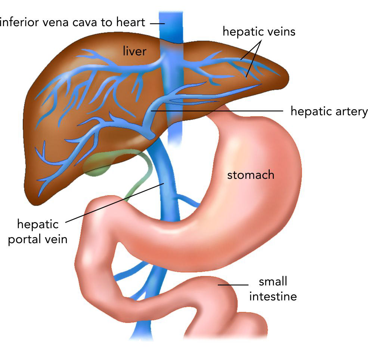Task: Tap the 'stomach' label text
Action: tap(251, 175)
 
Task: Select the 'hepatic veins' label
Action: tap(259, 31)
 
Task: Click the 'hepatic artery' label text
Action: tap(329, 111)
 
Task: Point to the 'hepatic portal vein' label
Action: tap(38, 232)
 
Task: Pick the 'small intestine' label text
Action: tap(273, 289)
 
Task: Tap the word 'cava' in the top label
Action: tap(82, 22)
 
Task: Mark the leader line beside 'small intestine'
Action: tap(231, 285)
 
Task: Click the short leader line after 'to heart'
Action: tap(158, 23)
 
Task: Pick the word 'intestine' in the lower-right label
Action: tap(273, 297)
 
